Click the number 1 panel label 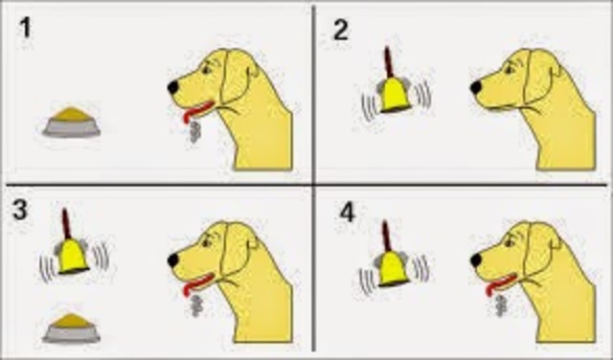[x=26, y=29]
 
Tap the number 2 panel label [x=341, y=31]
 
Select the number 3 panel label [x=20, y=211]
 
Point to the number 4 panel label [x=347, y=213]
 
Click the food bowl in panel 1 [x=72, y=123]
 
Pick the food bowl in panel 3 [x=71, y=328]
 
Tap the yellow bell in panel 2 [x=396, y=95]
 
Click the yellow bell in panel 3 [x=73, y=257]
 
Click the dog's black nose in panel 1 [x=173, y=87]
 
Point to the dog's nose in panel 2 [x=476, y=87]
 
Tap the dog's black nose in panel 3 [x=173, y=259]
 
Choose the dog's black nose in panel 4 [x=476, y=259]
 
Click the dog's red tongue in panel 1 [x=196, y=111]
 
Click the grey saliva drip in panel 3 [x=196, y=305]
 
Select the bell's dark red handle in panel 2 [x=389, y=62]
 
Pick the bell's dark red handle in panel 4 [x=387, y=236]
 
